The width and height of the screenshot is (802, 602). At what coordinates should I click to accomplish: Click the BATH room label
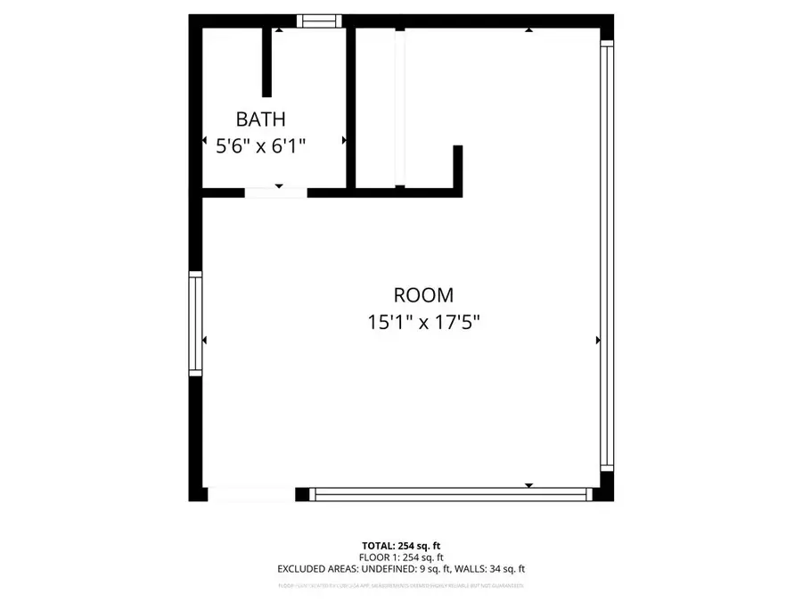(x=261, y=119)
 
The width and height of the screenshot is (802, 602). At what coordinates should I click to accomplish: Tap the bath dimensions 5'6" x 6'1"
(x=261, y=145)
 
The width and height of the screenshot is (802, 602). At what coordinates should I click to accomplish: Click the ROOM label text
(x=423, y=295)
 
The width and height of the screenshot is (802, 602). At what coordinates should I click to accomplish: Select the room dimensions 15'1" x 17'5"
(x=423, y=322)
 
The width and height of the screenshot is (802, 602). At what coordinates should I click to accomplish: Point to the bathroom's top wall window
(x=318, y=21)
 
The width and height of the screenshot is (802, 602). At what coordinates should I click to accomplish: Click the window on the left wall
(x=195, y=323)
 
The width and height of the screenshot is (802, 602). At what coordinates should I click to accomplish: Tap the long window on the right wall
(x=607, y=257)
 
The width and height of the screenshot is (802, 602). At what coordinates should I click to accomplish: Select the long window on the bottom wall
(x=453, y=492)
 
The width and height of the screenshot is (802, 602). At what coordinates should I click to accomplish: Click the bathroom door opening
(x=275, y=192)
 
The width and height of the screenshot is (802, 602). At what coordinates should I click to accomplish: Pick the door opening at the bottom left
(x=250, y=492)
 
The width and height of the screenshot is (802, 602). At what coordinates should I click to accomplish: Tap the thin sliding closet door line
(x=401, y=107)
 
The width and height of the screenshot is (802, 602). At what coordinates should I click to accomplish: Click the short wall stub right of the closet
(x=459, y=169)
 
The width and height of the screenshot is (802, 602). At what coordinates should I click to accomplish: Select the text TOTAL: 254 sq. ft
(x=401, y=544)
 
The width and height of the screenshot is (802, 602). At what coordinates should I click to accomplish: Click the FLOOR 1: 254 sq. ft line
(x=401, y=556)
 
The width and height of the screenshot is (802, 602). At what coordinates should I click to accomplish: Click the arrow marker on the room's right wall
(x=597, y=340)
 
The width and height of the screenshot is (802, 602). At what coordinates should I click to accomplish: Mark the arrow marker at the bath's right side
(x=345, y=140)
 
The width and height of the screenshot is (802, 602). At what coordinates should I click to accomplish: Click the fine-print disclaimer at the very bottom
(x=401, y=586)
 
